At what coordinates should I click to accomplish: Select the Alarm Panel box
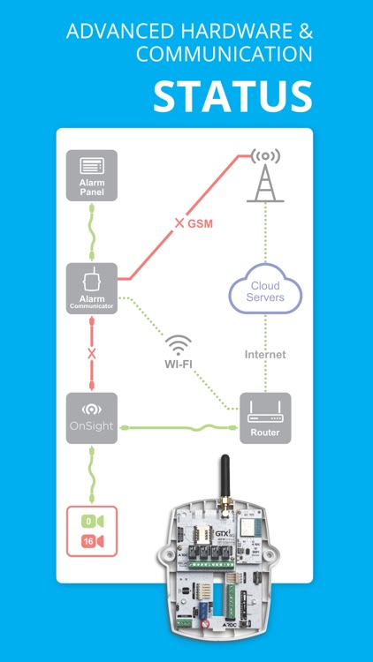pyautogui.click(x=91, y=175)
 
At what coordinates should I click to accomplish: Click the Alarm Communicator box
pyautogui.click(x=91, y=289)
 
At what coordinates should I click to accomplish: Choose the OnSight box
pyautogui.click(x=91, y=418)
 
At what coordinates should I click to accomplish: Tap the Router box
pyautogui.click(x=266, y=418)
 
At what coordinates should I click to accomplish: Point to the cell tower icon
pyautogui.click(x=263, y=176)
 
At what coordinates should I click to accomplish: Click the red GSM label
pyautogui.click(x=201, y=223)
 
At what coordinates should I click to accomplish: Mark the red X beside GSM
pyautogui.click(x=179, y=223)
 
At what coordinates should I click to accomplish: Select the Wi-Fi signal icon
pyautogui.click(x=179, y=343)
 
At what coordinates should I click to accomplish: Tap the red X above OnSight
pyautogui.click(x=91, y=353)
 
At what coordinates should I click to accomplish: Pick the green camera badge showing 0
pyautogui.click(x=91, y=520)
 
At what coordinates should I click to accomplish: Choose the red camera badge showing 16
pyautogui.click(x=91, y=539)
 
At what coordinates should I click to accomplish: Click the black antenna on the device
pyautogui.click(x=225, y=478)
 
